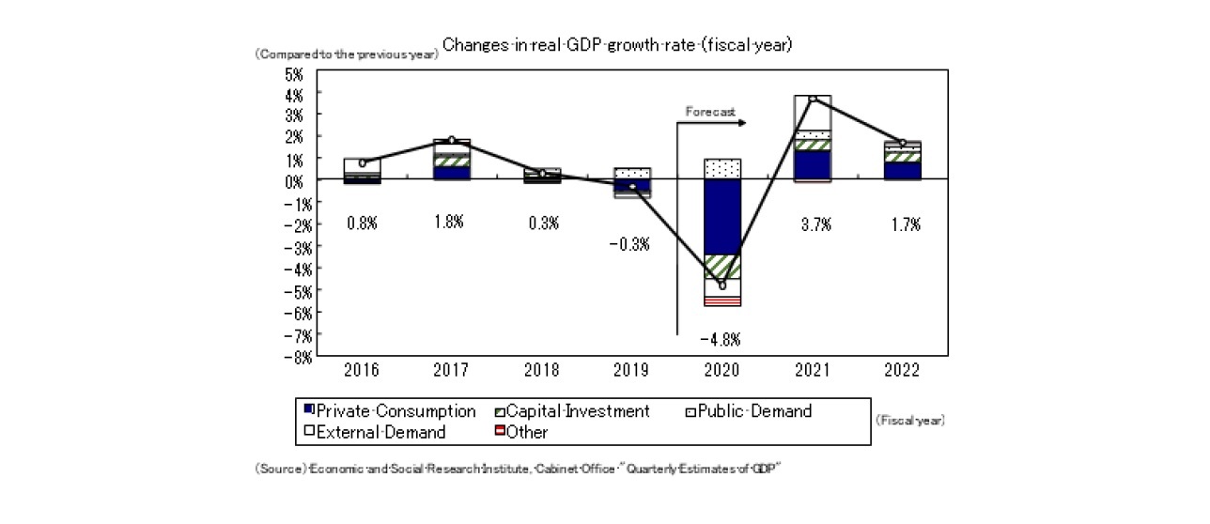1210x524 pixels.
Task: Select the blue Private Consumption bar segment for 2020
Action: (x=722, y=217)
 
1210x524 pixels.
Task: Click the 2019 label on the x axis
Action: (x=632, y=369)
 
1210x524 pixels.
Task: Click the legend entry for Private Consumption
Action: (x=389, y=411)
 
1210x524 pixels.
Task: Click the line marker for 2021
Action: (x=813, y=99)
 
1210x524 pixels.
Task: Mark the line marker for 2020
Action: (x=722, y=285)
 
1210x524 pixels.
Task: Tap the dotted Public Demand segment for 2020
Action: (x=722, y=169)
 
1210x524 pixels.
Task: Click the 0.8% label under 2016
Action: (x=362, y=223)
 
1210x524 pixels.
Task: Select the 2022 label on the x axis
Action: (x=902, y=369)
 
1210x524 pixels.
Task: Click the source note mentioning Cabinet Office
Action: (x=518, y=468)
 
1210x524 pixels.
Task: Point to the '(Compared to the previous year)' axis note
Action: (x=346, y=54)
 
